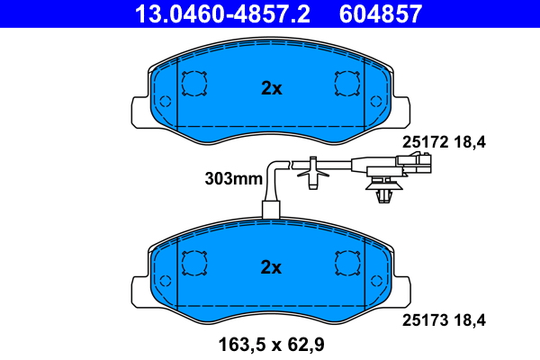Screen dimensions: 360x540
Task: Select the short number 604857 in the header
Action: [x=379, y=13]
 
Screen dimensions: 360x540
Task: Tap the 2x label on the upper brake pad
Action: [x=271, y=88]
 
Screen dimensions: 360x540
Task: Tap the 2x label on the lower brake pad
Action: [x=271, y=267]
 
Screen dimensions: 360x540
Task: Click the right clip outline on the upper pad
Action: [x=346, y=84]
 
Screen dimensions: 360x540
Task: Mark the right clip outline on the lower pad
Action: [x=346, y=263]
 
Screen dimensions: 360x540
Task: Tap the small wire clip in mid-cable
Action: [x=311, y=171]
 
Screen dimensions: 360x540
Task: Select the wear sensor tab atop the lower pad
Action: [x=271, y=212]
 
